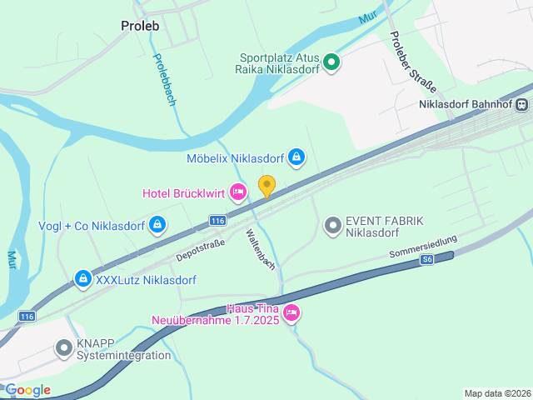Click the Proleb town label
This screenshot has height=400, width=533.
coord(140,25)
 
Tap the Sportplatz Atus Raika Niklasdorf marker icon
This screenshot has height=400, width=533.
coord(331,62)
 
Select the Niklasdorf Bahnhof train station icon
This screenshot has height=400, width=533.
coord(521,105)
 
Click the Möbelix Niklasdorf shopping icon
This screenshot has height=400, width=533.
coord(296,157)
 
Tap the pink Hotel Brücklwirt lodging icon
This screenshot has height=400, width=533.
coord(238,193)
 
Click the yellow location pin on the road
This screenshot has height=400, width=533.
coord(266,186)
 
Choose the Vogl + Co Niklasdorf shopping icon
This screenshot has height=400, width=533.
coord(157,225)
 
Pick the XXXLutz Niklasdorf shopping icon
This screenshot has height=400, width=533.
coord(82,279)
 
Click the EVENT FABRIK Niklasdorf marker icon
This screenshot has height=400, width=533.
coord(333,226)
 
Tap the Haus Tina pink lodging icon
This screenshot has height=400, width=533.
coord(291,313)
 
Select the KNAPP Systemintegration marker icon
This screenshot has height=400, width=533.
coord(64,348)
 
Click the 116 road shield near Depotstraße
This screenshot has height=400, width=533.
coord(217,220)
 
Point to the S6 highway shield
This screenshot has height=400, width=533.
coord(426,260)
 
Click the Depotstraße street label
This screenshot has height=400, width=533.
coord(201,249)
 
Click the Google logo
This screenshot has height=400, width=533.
coord(27,390)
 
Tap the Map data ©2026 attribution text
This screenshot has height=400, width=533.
coord(497,393)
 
